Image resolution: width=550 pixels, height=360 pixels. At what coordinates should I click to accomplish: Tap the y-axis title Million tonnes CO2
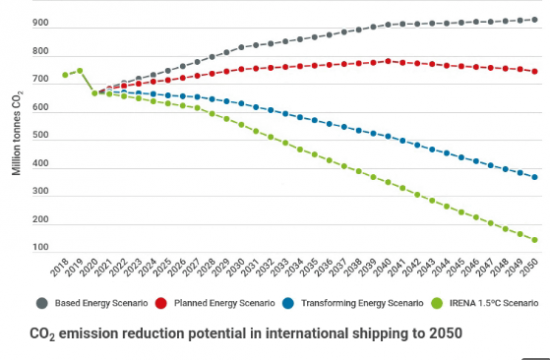(17, 132)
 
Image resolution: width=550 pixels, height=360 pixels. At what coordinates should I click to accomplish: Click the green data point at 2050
(535, 239)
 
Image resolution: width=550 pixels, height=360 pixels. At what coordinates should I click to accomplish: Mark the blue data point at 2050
(535, 177)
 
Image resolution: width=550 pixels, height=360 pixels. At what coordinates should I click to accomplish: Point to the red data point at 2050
(535, 72)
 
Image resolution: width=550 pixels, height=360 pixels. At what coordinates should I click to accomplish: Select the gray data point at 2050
(535, 19)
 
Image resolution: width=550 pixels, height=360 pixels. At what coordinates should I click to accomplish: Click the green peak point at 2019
(80, 71)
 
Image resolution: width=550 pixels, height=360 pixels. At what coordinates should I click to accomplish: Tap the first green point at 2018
(65, 75)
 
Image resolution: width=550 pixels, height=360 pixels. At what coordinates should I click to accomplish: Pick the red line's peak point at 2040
(388, 61)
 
